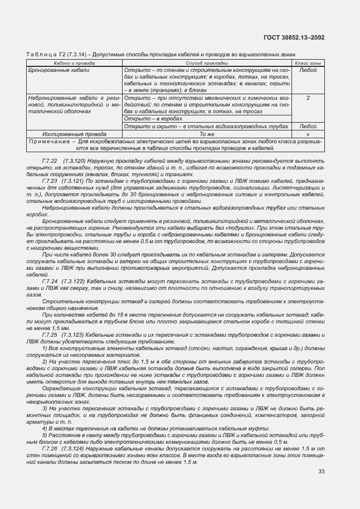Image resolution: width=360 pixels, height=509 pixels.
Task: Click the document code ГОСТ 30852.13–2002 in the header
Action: (x=294, y=37)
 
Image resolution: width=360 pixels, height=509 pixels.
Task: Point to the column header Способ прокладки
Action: (x=207, y=64)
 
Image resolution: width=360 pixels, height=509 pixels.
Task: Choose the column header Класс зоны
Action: (x=308, y=64)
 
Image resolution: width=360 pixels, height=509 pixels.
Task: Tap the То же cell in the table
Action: (x=207, y=134)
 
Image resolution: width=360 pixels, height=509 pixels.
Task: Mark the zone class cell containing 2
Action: (x=308, y=98)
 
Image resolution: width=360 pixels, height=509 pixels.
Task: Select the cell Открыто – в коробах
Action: (x=147, y=119)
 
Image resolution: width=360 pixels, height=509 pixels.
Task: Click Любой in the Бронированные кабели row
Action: (x=308, y=71)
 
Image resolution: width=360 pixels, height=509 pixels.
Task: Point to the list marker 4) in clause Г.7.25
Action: (x=45, y=428)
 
